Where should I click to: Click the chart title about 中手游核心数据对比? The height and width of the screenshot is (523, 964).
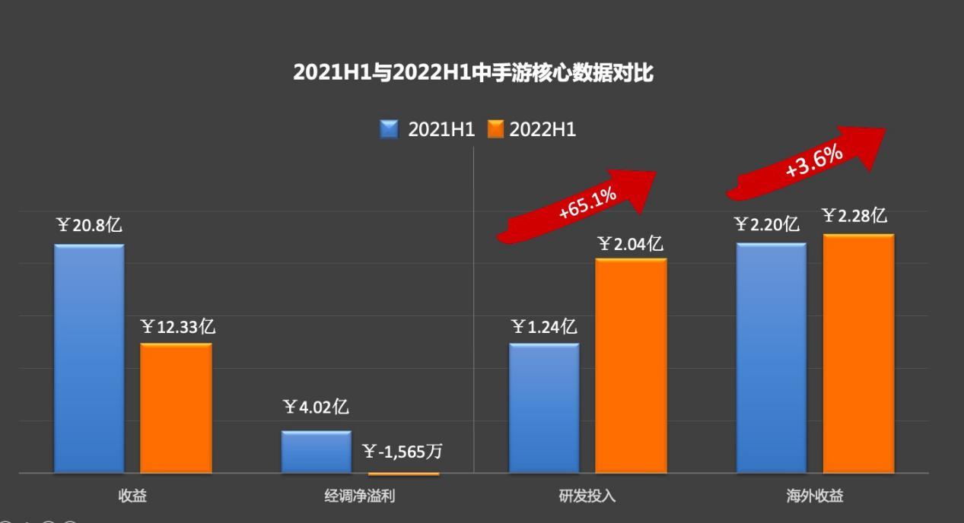coord(472,73)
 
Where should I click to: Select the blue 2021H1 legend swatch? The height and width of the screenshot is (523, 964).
coord(390,129)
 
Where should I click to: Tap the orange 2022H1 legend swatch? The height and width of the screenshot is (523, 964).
coord(496,129)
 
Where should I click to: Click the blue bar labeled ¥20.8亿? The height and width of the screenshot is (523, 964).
coord(89,357)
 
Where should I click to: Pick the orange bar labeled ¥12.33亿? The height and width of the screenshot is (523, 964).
coord(176,407)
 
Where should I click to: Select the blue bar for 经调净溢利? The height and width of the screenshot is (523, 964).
coord(316,452)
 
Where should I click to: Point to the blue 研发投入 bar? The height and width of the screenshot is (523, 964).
coord(544,407)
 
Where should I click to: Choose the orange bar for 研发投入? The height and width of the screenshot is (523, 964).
coord(631,365)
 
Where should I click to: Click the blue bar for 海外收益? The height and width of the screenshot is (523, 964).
coord(771,357)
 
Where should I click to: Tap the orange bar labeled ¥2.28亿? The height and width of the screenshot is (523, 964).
coord(858,353)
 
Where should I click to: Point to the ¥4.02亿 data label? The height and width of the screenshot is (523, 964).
coord(316,407)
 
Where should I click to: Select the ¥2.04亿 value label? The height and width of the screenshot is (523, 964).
coord(631,244)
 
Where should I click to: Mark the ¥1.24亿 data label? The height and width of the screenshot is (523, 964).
coord(544,328)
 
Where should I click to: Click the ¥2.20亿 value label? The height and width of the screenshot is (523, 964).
coord(766,224)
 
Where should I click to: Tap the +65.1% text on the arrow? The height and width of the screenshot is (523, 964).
coord(587,204)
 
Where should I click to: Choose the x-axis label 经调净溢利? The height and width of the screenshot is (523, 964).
coord(359,496)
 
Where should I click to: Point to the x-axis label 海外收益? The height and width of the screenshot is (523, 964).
coord(815,496)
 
